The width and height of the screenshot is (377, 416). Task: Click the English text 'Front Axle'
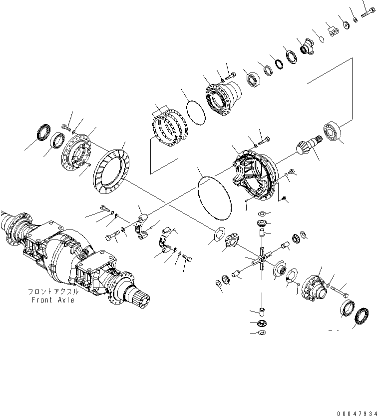point(52,300)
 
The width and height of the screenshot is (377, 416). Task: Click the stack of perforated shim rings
point(170,128)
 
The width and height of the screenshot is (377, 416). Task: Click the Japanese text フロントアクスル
point(52,291)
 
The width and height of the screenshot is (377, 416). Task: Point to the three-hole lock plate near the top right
point(334,30)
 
